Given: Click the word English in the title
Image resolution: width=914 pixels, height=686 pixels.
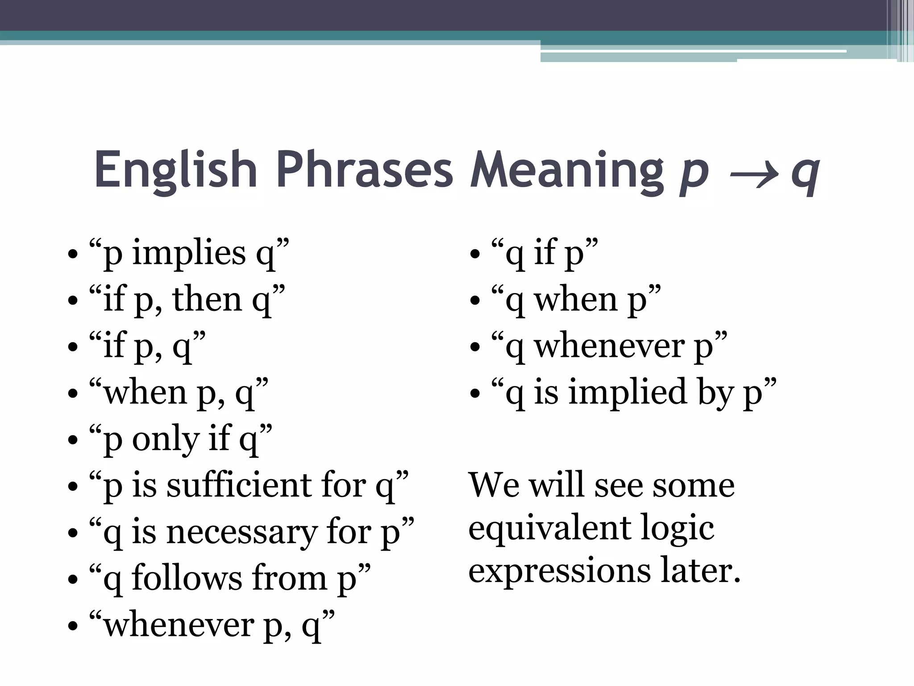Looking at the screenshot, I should coord(175,170).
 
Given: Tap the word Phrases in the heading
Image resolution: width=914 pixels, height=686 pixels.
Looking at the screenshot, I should coord(365,170).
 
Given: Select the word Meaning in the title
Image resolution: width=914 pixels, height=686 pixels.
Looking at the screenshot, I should coord(567,170).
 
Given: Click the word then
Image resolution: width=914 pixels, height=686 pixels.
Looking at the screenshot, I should coord(207,300).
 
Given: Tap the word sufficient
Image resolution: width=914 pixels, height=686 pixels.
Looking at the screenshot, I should coord(239,485).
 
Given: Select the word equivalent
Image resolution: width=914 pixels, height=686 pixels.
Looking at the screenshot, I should coord(550,528).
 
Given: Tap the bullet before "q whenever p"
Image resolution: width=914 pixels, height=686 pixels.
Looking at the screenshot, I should coord(475,347).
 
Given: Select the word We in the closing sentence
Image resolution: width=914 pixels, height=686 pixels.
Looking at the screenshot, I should coord(494,485).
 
